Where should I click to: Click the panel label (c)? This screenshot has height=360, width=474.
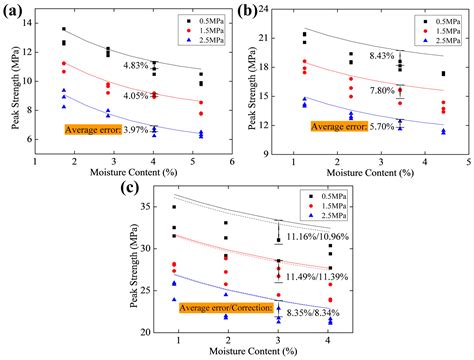click(129, 186)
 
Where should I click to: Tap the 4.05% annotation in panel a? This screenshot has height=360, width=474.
click(136, 96)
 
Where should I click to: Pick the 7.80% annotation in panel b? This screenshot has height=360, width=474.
click(383, 90)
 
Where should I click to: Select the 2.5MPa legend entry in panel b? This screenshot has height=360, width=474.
click(441, 42)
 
